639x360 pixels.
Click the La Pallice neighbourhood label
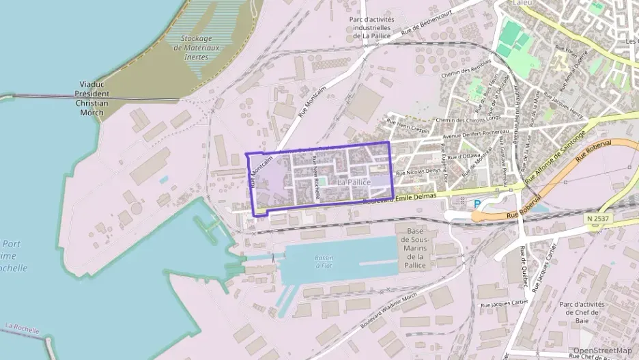[x=354, y=182]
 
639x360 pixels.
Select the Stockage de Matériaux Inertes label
[x=197, y=48]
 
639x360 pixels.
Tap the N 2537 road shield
[x=598, y=218]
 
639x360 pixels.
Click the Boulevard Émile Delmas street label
[x=399, y=198]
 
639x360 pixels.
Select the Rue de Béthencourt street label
[x=428, y=23]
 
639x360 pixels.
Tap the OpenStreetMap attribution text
[x=602, y=351]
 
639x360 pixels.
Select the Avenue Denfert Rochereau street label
[x=476, y=135]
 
